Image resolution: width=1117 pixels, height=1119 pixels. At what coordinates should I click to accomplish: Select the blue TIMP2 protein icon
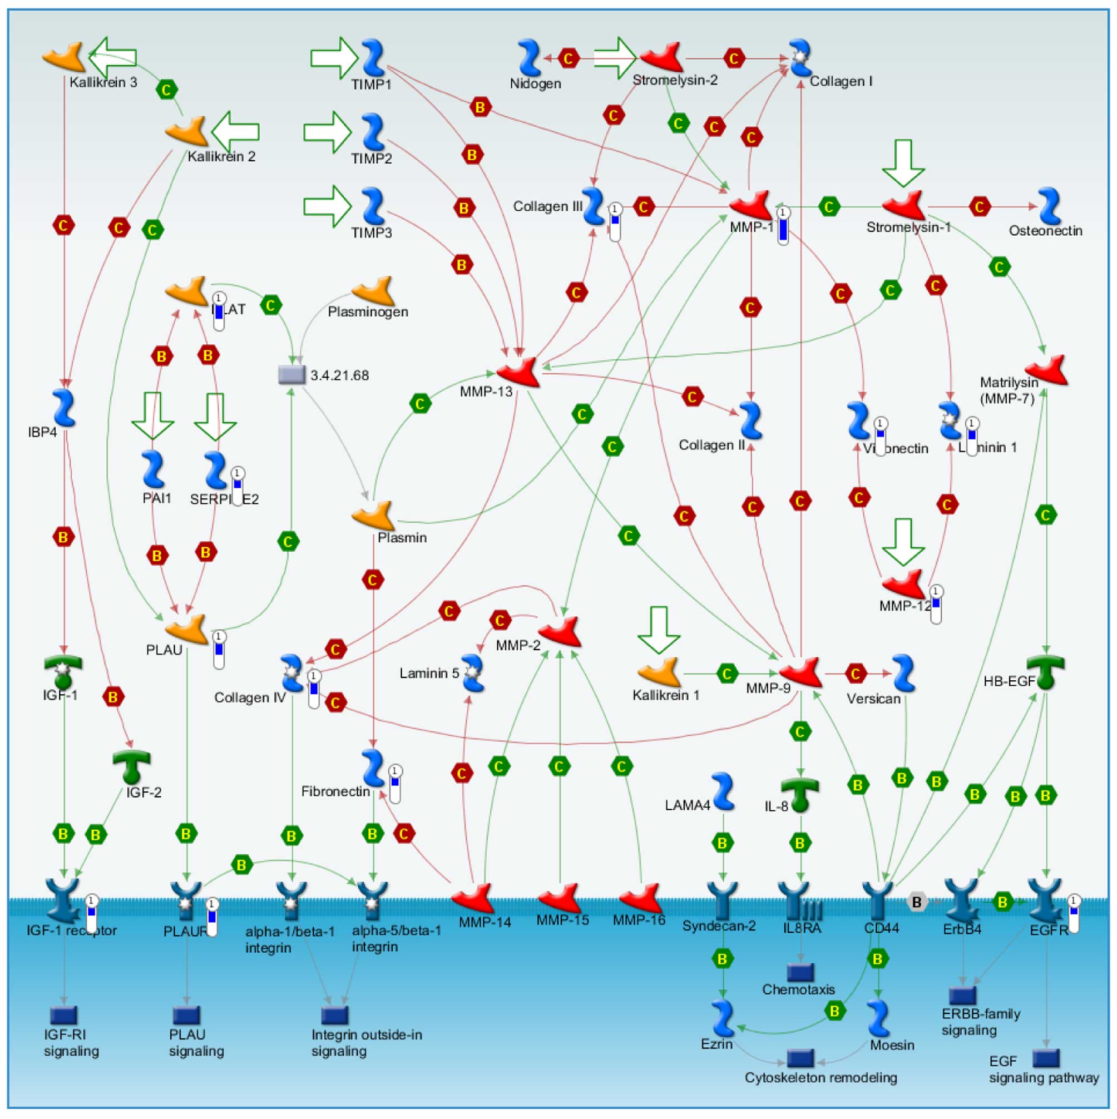coord(373,131)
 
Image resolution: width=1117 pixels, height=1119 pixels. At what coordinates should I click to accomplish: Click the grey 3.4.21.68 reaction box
coord(292,375)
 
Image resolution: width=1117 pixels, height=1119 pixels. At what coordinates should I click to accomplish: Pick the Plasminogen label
coord(368,311)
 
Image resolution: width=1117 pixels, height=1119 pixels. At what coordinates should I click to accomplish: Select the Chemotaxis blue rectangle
coord(800,973)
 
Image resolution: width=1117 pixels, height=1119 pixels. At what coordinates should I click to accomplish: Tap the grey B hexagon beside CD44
coord(917,902)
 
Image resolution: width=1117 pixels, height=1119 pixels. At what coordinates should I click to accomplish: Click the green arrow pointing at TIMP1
coord(334,58)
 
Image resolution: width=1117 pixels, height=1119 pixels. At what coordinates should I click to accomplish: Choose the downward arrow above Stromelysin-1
coord(903,163)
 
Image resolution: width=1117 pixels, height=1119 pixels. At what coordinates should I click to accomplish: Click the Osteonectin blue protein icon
coord(1049,206)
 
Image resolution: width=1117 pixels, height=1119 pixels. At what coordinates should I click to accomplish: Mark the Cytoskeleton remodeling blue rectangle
coord(800,1058)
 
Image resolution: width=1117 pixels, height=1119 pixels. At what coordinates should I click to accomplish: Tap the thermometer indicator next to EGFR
coord(1074,913)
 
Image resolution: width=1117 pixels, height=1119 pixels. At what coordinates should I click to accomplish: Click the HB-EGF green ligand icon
coord(1046,671)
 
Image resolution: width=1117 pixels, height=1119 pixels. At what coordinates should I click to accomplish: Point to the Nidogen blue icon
coord(530,58)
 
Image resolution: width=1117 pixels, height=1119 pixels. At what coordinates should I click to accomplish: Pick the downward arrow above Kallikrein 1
coord(659,630)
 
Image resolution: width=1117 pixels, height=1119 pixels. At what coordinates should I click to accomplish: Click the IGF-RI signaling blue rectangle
coord(64,1015)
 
